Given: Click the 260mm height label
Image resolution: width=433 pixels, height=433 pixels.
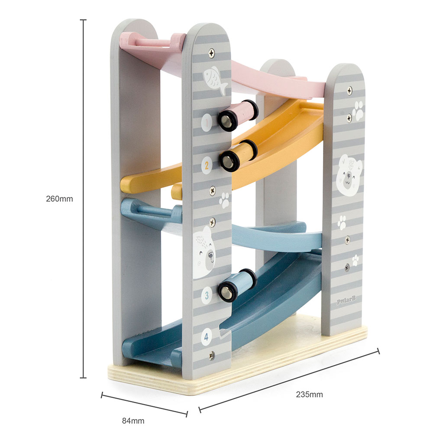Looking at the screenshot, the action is coord(59,199).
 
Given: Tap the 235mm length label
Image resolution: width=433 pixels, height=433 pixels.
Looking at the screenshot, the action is coord(309,394).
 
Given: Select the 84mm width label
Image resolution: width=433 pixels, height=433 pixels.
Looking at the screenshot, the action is coord(133,421).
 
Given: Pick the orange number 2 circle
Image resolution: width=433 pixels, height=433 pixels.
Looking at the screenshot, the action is coord(207,165).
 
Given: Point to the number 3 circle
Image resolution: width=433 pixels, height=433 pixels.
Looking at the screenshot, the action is coord(207,295).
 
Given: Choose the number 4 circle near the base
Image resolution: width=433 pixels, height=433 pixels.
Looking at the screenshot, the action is coord(206,336).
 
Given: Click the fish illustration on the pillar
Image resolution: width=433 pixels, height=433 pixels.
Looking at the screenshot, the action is coord(215,80).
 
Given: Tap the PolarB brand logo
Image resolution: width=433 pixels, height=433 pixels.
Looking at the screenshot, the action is coord(346,300).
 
